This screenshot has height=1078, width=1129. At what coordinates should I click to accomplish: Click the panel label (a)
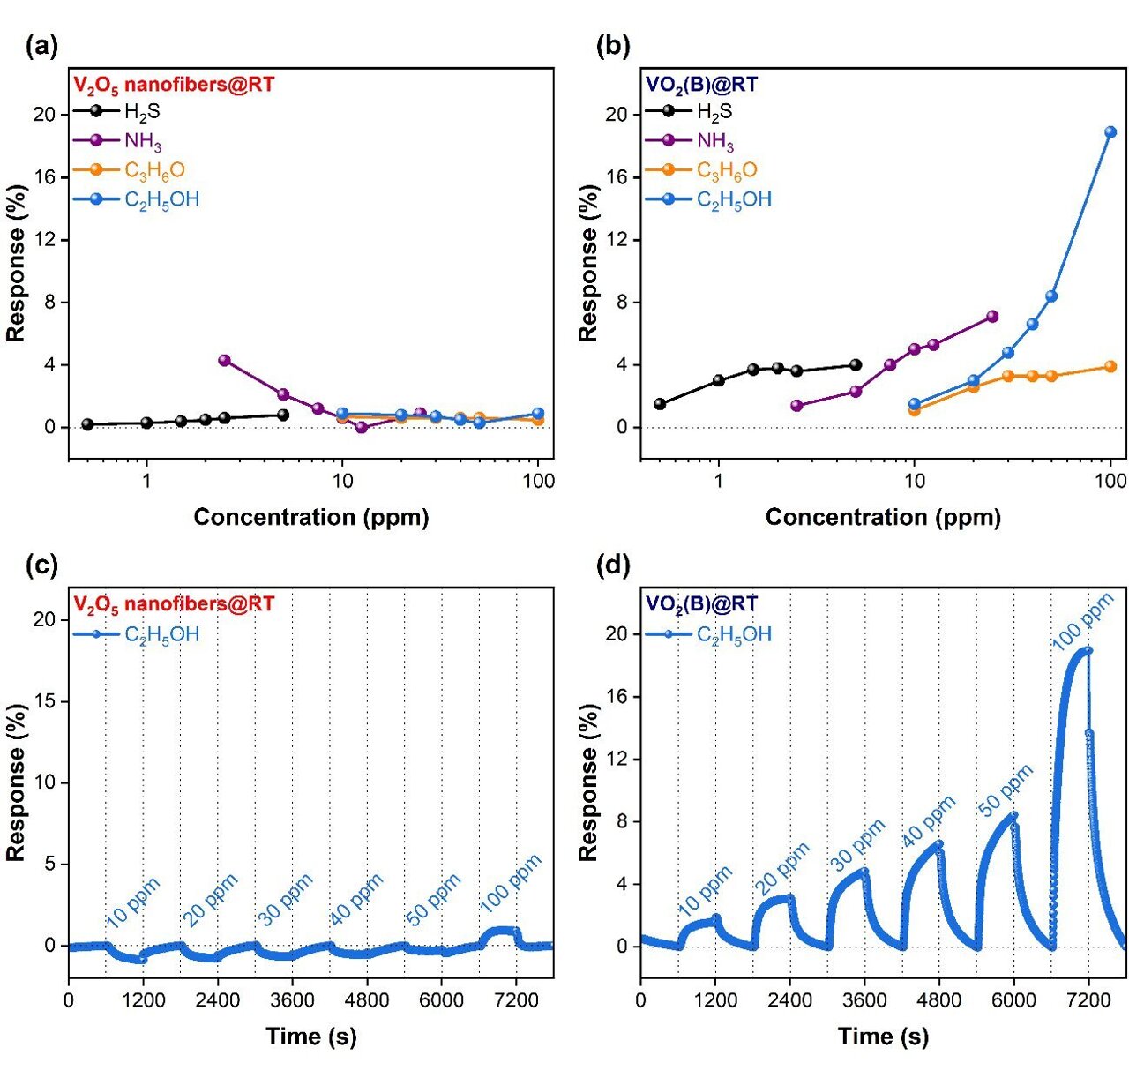[x=42, y=46]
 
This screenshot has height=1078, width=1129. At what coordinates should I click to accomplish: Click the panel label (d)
[x=614, y=565]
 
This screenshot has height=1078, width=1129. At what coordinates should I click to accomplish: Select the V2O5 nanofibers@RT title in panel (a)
[x=174, y=86]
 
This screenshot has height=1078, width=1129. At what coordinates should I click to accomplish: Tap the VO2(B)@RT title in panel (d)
[x=701, y=604]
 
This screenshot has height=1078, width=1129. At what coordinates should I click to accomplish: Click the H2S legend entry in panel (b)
[x=714, y=112]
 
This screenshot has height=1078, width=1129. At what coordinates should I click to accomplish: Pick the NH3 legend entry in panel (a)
[x=142, y=141]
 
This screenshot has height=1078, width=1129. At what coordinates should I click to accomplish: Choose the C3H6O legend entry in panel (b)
[x=726, y=170]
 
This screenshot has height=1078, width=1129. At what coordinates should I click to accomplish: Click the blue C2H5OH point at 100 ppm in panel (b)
[x=1110, y=132]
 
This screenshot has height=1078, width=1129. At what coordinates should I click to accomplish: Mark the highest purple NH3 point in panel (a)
[x=224, y=360]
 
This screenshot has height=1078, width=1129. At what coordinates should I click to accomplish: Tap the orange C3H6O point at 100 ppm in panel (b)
[x=1110, y=367]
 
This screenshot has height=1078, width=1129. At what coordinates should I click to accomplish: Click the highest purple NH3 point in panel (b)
[x=992, y=317]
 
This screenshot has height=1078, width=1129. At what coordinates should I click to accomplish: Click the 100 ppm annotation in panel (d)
[x=1083, y=623]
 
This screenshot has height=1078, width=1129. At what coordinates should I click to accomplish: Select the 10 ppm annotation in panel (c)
[x=132, y=903]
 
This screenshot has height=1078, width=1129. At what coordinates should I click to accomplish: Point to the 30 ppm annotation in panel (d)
[x=858, y=845]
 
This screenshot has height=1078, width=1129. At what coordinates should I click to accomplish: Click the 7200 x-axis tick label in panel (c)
[x=517, y=999]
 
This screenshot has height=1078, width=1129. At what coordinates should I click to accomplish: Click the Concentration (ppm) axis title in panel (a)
[x=311, y=517]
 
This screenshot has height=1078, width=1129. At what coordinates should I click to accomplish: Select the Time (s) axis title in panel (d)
[x=883, y=1037]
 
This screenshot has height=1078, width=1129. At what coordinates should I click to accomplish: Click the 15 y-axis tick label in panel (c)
[x=44, y=701]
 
